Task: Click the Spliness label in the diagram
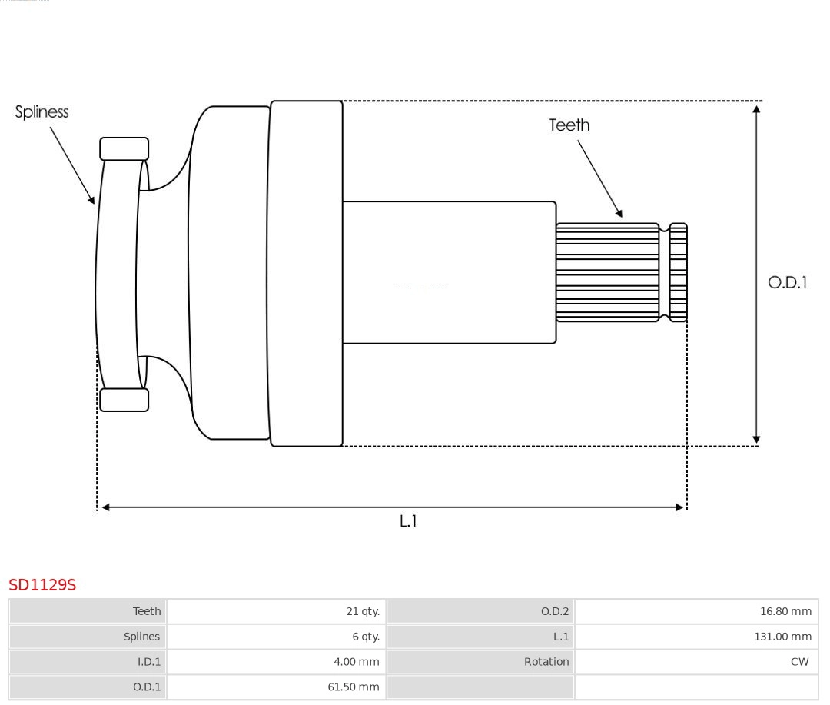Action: [41, 112]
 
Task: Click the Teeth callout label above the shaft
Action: [569, 125]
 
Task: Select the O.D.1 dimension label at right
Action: [787, 282]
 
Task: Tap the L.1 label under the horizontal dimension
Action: [408, 520]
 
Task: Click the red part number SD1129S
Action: [42, 585]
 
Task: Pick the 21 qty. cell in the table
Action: [362, 611]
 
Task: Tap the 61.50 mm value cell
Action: [354, 687]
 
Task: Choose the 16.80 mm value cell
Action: [785, 611]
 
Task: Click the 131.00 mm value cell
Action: [782, 637]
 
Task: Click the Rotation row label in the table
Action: [546, 662]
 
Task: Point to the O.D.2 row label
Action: [554, 611]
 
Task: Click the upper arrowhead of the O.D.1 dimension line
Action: [756, 109]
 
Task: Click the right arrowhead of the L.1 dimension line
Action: [679, 507]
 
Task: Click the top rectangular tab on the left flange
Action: [124, 148]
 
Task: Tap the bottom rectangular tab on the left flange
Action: [124, 400]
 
